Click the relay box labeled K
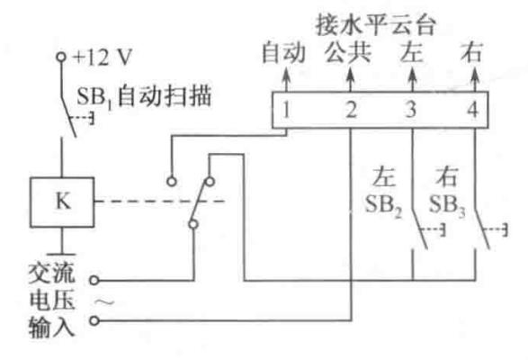coord(62,202)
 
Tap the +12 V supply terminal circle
coord(61,57)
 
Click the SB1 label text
coord(94,97)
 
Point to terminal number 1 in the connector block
coord(286,110)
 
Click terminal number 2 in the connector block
coord(351,110)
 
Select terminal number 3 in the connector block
coord(411,110)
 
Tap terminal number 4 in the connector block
coord(473,110)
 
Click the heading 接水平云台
coord(376,25)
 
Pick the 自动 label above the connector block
coord(283,53)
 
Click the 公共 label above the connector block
coord(348,53)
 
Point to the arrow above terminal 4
coord(475,79)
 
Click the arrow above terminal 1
coord(286,79)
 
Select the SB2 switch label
coord(384,205)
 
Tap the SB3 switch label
coord(447,205)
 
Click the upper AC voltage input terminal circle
coord(94,280)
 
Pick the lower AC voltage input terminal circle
coord(94,320)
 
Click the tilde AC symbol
coord(104,302)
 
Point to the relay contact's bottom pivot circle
coord(193,224)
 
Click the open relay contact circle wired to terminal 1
coord(172,182)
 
